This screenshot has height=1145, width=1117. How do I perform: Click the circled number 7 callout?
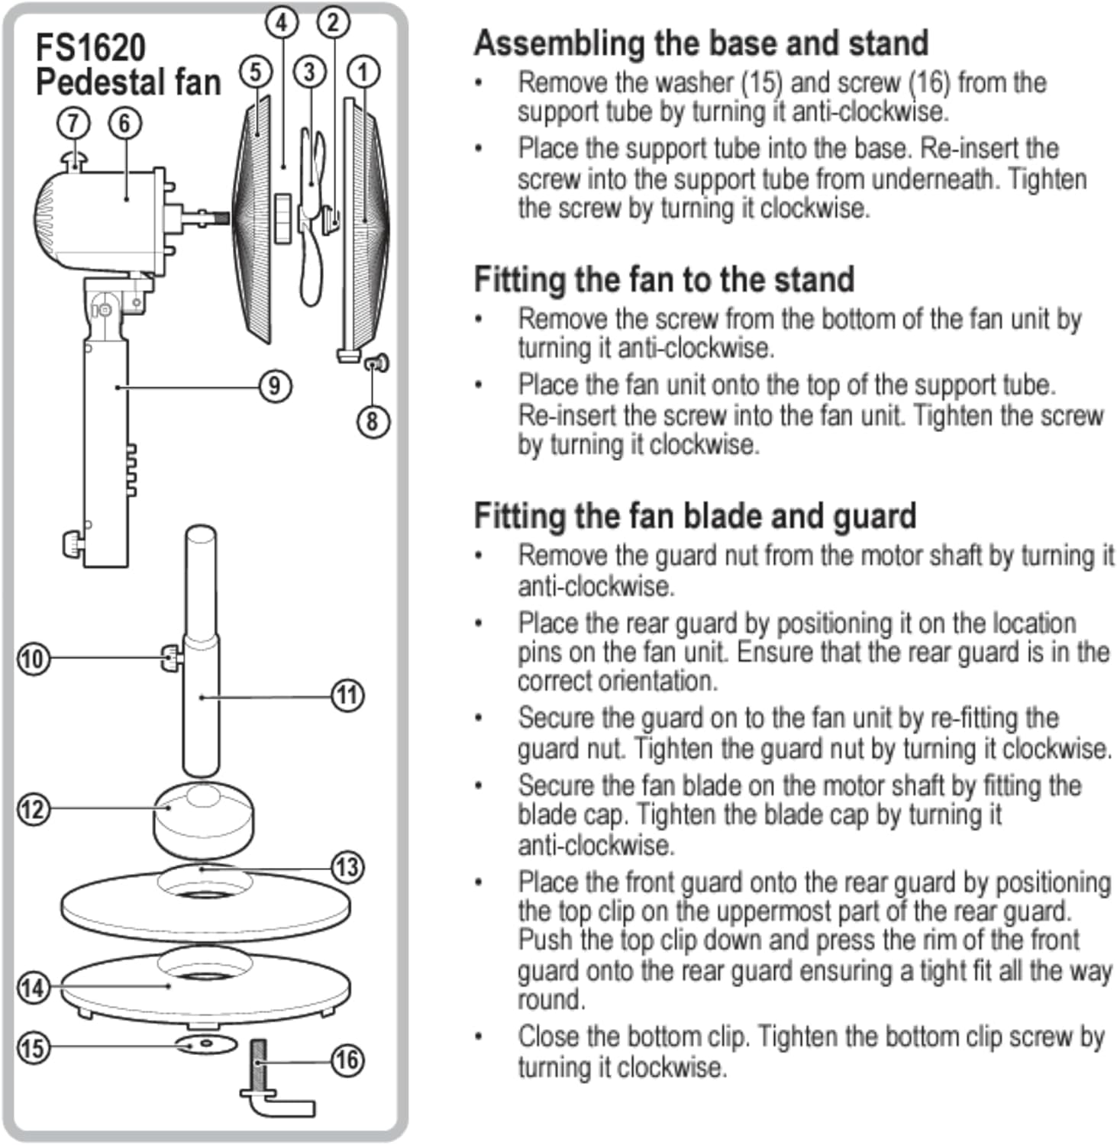tap(73, 123)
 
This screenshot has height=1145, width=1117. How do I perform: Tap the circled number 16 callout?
tap(347, 1059)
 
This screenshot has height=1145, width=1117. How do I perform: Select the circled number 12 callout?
tap(33, 809)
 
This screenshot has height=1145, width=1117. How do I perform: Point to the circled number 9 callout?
tap(275, 386)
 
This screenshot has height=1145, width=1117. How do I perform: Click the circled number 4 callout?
tap(282, 23)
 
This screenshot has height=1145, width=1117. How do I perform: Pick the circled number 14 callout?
tap(33, 988)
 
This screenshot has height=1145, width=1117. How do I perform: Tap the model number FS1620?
tap(90, 47)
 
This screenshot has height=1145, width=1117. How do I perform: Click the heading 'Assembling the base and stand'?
tap(701, 43)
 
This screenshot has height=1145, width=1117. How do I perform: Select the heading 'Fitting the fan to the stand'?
tap(663, 279)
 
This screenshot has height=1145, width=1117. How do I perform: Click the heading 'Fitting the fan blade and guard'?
tap(695, 516)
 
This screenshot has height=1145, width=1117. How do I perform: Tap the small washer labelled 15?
tap(206, 1043)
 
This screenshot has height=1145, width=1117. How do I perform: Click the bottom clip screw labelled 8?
tap(376, 363)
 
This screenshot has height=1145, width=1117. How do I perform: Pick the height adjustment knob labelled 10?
tap(171, 657)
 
